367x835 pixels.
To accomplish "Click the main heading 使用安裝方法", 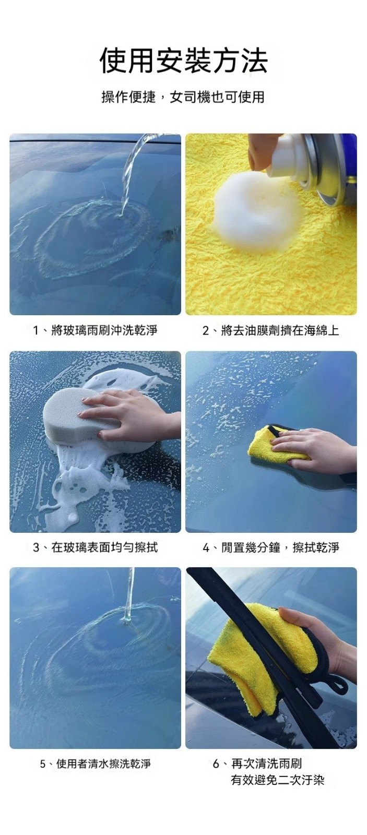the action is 184,60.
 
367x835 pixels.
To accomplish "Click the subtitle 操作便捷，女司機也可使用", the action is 183,97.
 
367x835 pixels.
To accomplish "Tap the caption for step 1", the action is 95,330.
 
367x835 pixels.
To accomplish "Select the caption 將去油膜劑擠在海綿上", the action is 271,330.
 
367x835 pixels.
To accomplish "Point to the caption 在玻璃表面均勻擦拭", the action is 95,547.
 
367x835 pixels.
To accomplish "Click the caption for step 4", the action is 271,547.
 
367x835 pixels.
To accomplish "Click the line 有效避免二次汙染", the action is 278,780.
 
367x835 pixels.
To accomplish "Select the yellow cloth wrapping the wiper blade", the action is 261,658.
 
